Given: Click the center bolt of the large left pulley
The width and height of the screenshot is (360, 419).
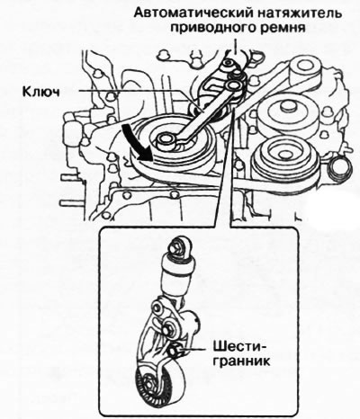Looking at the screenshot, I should pos(168,140).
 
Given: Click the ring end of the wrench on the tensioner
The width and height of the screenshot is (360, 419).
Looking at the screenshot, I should pos(234,87).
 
